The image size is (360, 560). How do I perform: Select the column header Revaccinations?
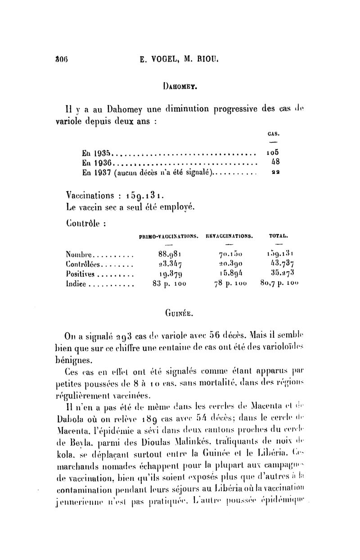[228, 235]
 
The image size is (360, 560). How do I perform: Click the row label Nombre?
[79, 254]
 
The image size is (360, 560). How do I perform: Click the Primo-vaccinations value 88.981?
[167, 254]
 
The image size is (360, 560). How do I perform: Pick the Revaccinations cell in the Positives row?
[228, 273]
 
